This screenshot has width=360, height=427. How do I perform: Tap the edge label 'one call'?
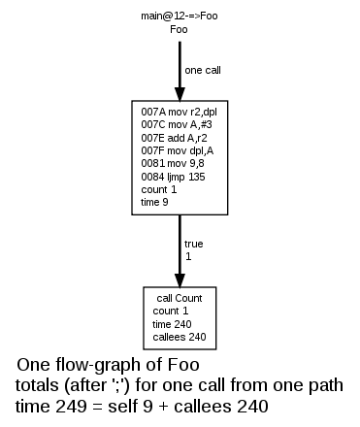pyautogui.click(x=203, y=69)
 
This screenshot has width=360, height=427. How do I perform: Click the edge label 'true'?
pyautogui.click(x=194, y=245)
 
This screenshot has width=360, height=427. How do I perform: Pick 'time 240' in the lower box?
pyautogui.click(x=173, y=324)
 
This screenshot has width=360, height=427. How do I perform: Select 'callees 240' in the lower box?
pyautogui.click(x=180, y=337)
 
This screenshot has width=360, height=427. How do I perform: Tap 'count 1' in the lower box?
pyautogui.click(x=169, y=312)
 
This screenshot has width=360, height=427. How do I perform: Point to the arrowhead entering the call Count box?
pyautogui.click(x=180, y=279)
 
